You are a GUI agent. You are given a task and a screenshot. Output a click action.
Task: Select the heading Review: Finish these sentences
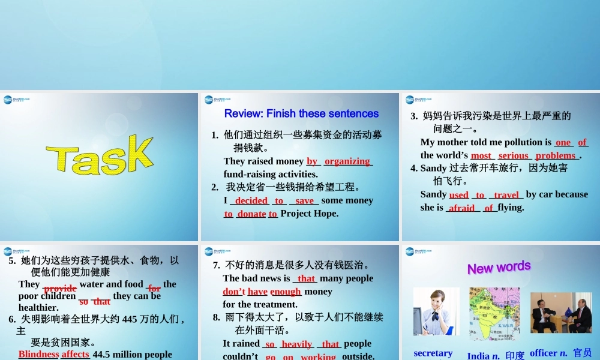tap(301, 113)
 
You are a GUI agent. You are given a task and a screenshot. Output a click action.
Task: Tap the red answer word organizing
tap(347, 161)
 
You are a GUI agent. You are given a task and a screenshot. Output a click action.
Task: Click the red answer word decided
tap(251, 200)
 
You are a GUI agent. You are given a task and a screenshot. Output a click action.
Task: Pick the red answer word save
tap(304, 200)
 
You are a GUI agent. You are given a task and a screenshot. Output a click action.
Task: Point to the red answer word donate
tap(251, 214)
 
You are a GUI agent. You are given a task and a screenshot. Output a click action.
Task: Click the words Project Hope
tap(310, 214)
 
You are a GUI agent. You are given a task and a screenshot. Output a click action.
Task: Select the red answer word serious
tap(513, 155)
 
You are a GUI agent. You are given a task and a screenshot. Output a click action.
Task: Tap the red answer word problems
tap(556, 155)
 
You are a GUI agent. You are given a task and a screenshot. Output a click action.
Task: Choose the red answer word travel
tap(506, 194)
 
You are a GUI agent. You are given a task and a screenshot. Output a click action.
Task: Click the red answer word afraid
tap(461, 208)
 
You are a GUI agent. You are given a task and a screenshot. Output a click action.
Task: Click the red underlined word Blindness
tap(38, 354)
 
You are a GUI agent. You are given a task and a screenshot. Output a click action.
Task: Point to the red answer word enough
tap(286, 292)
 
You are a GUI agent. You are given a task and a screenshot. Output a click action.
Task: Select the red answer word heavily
tap(296, 344)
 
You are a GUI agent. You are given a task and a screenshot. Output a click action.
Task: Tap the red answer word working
tap(318, 356)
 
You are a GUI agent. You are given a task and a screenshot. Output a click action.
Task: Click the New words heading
tap(499, 267)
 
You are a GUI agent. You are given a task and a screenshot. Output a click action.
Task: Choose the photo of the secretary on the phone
tap(436, 311)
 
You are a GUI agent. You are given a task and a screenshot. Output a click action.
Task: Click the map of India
tap(495, 313)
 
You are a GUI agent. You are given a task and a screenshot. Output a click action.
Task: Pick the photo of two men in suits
tap(561, 313)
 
